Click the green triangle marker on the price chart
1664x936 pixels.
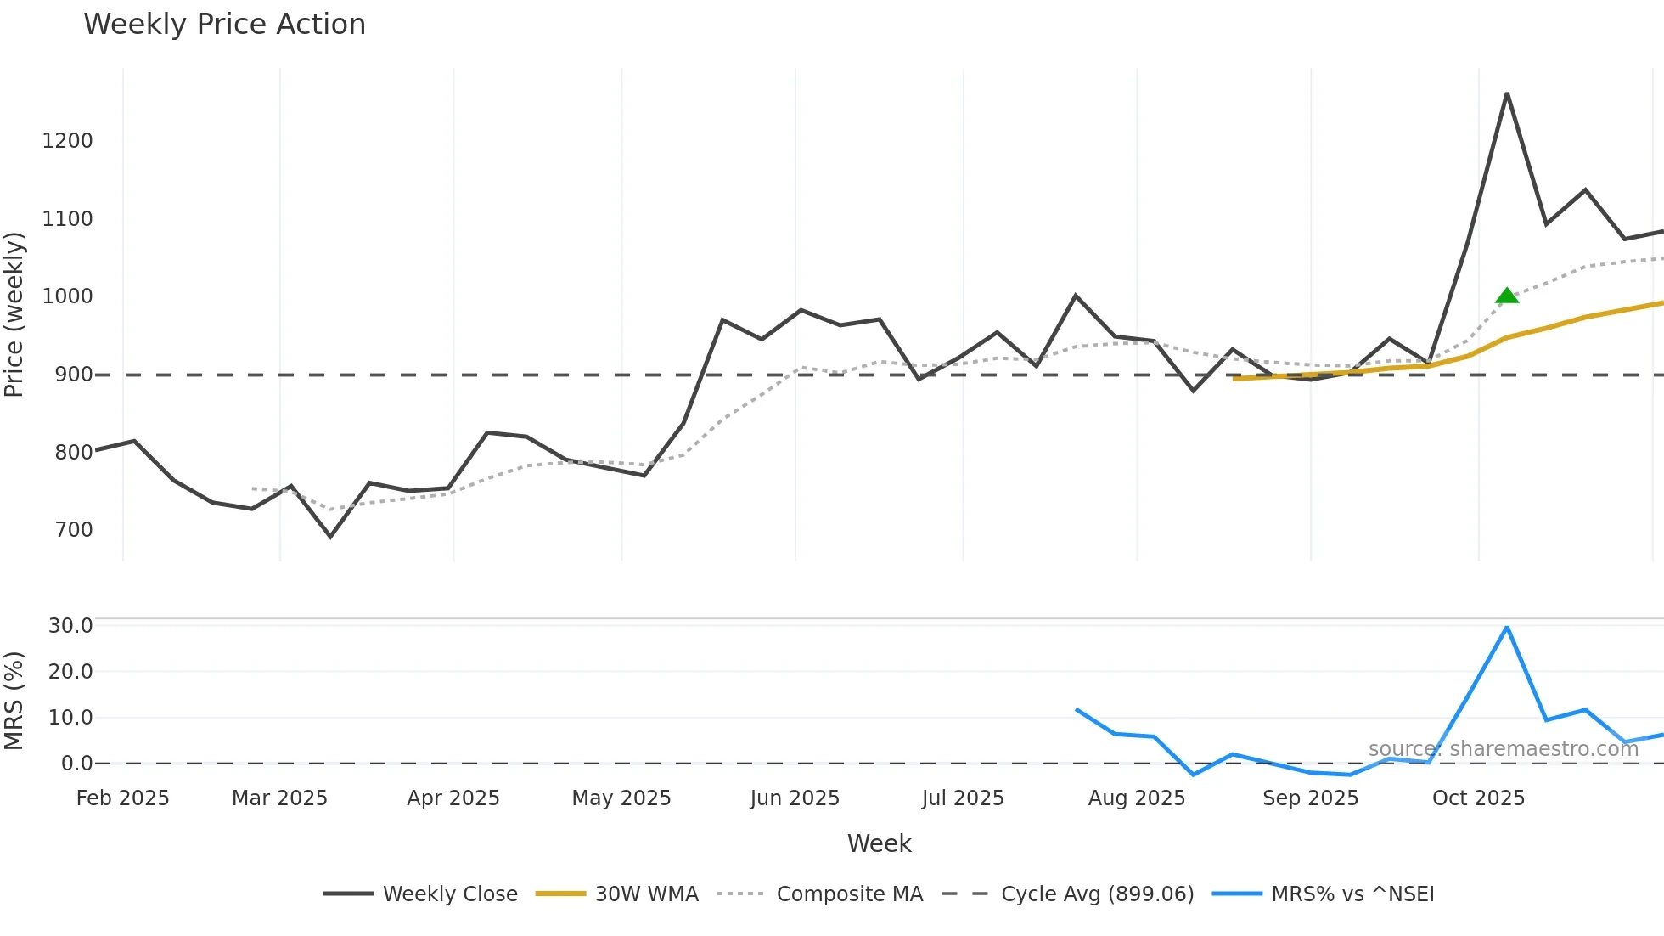[x=1507, y=296]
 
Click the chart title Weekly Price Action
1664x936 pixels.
[x=224, y=25]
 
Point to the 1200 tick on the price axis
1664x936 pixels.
[x=67, y=141]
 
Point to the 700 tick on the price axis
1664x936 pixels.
[x=74, y=530]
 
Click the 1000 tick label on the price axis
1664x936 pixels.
[x=67, y=296]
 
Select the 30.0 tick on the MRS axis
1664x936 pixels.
[x=70, y=626]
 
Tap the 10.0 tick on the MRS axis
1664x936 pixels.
[x=70, y=718]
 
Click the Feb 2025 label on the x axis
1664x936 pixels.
[x=123, y=798]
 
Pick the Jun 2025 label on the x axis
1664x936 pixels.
[x=795, y=798]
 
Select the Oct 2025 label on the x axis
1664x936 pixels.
[x=1478, y=798]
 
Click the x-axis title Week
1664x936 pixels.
[x=879, y=843]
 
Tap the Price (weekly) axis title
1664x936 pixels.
[x=14, y=314]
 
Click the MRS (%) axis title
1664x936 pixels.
[x=14, y=701]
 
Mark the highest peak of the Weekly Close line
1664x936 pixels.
[x=1507, y=93]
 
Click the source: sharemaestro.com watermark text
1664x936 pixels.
[x=1503, y=749]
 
